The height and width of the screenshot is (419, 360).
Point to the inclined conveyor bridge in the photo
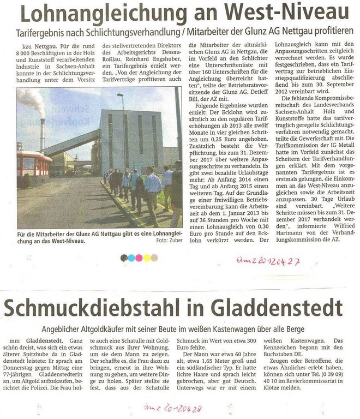click(71, 143)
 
